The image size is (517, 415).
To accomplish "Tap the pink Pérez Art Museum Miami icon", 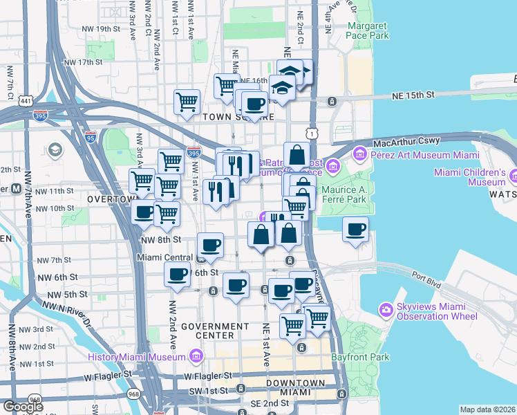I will pos(359,152).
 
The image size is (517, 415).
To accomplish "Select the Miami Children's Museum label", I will pos(473,177).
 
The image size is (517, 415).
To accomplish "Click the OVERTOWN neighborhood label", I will pos(109,199).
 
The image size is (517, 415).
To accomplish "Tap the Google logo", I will pos(23,406).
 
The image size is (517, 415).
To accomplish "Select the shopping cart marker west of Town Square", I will pos(187,102).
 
